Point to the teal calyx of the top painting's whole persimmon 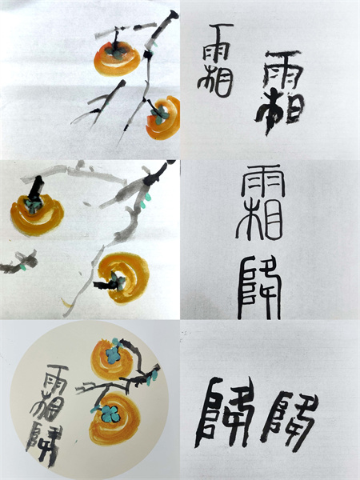point(116,50)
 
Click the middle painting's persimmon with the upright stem point(37,212)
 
